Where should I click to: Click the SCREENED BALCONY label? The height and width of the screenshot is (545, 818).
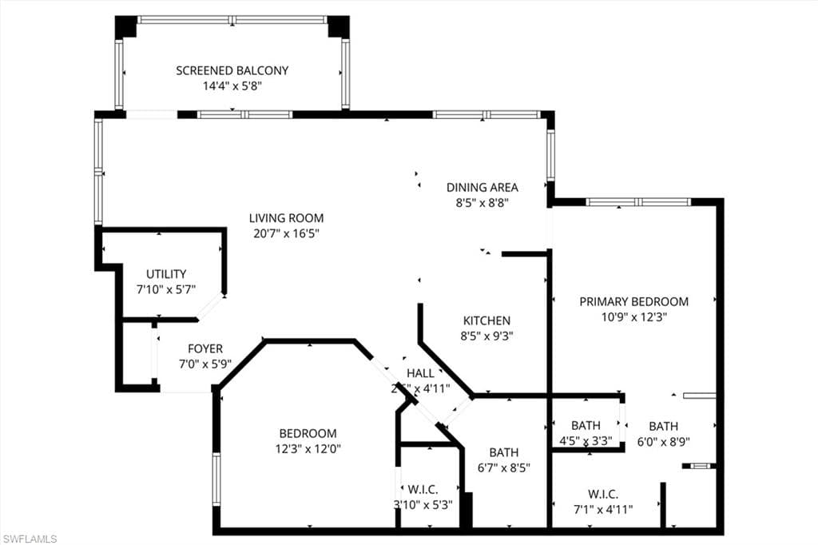(232, 70)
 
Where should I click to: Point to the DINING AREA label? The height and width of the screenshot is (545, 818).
(482, 187)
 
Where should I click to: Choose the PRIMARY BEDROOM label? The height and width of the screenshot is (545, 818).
(633, 301)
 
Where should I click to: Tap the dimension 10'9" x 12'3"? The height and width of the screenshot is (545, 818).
(633, 316)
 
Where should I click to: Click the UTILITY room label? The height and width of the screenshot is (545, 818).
(166, 274)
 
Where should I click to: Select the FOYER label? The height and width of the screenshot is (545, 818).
(205, 348)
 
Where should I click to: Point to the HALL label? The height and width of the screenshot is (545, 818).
(420, 373)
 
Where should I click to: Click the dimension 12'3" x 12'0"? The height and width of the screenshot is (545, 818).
(308, 448)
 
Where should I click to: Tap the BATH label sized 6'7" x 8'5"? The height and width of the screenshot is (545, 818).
(504, 452)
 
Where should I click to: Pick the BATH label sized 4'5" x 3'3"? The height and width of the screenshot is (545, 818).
(586, 426)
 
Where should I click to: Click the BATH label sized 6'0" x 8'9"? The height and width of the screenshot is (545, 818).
(663, 426)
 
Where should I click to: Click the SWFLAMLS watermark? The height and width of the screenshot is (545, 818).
(30, 539)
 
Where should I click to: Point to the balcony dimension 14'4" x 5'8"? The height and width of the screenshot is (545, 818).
(232, 86)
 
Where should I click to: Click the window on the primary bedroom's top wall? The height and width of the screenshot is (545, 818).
(638, 202)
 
